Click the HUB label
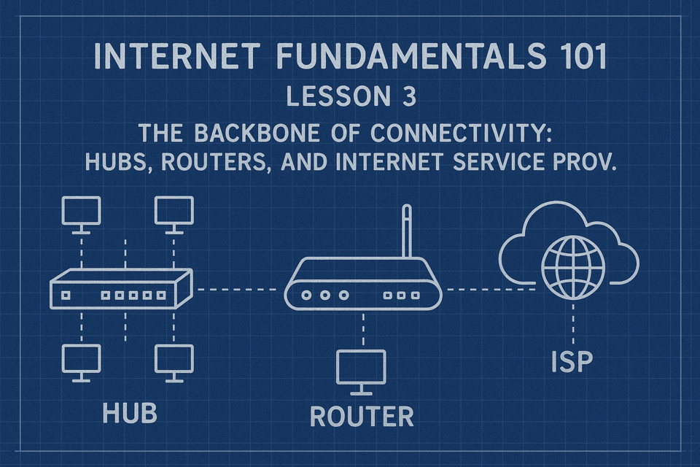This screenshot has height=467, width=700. (130, 413)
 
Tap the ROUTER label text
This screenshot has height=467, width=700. (362, 417)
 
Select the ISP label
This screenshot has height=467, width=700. (572, 361)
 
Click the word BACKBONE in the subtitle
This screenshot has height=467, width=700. (257, 134)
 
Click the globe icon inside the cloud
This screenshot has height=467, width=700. (573, 267)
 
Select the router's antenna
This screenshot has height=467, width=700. (406, 231)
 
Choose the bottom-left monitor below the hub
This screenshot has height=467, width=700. (81, 363)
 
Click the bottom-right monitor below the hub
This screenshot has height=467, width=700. (174, 363)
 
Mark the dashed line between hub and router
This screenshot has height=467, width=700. (237, 290)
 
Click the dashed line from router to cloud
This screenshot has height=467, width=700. (491, 290)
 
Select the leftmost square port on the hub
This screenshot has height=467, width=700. (66, 296)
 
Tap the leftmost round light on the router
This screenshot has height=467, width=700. (306, 295)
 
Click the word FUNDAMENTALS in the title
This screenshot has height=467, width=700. (411, 56)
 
